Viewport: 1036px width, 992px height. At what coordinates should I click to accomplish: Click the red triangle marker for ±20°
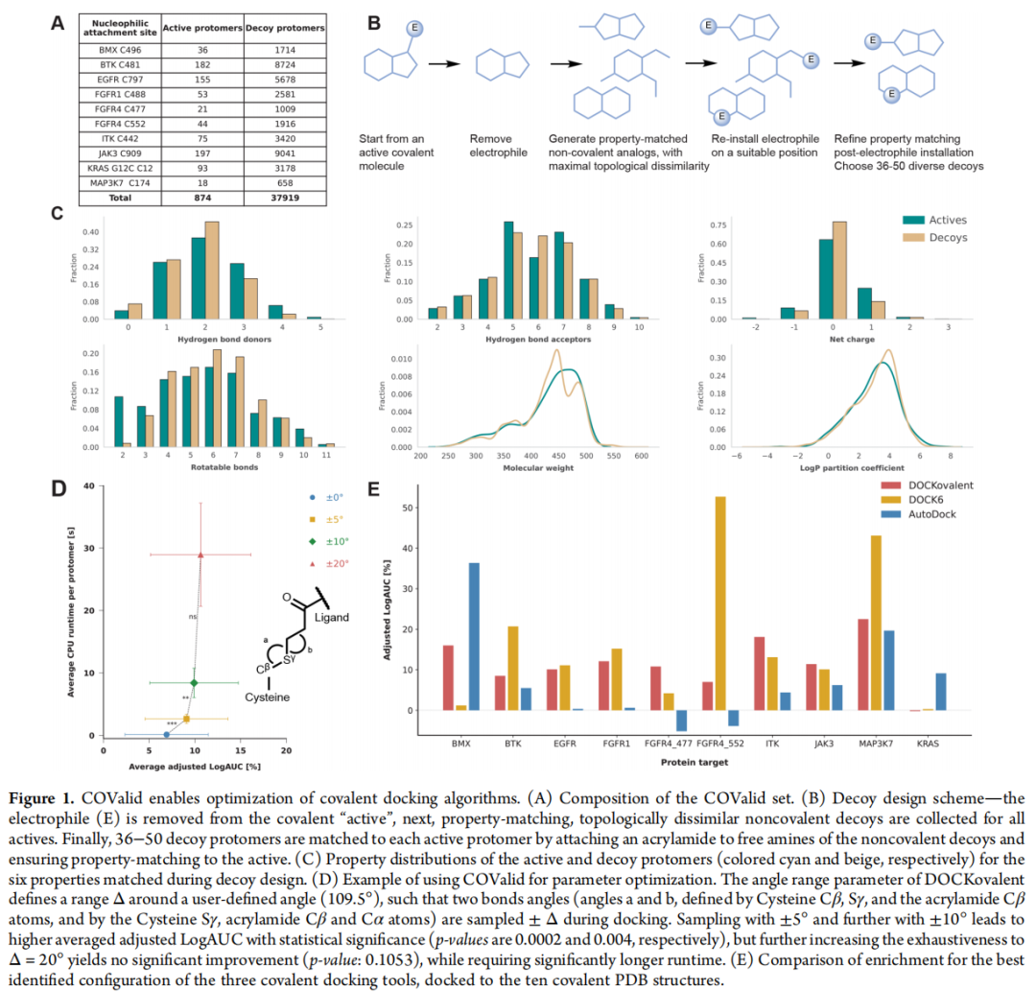point(200,555)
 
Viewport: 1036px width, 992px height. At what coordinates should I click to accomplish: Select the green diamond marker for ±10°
point(194,682)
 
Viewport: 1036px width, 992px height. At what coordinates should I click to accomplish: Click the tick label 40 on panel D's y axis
point(87,486)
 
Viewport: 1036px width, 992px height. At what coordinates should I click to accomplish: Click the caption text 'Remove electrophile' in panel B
point(499,145)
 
